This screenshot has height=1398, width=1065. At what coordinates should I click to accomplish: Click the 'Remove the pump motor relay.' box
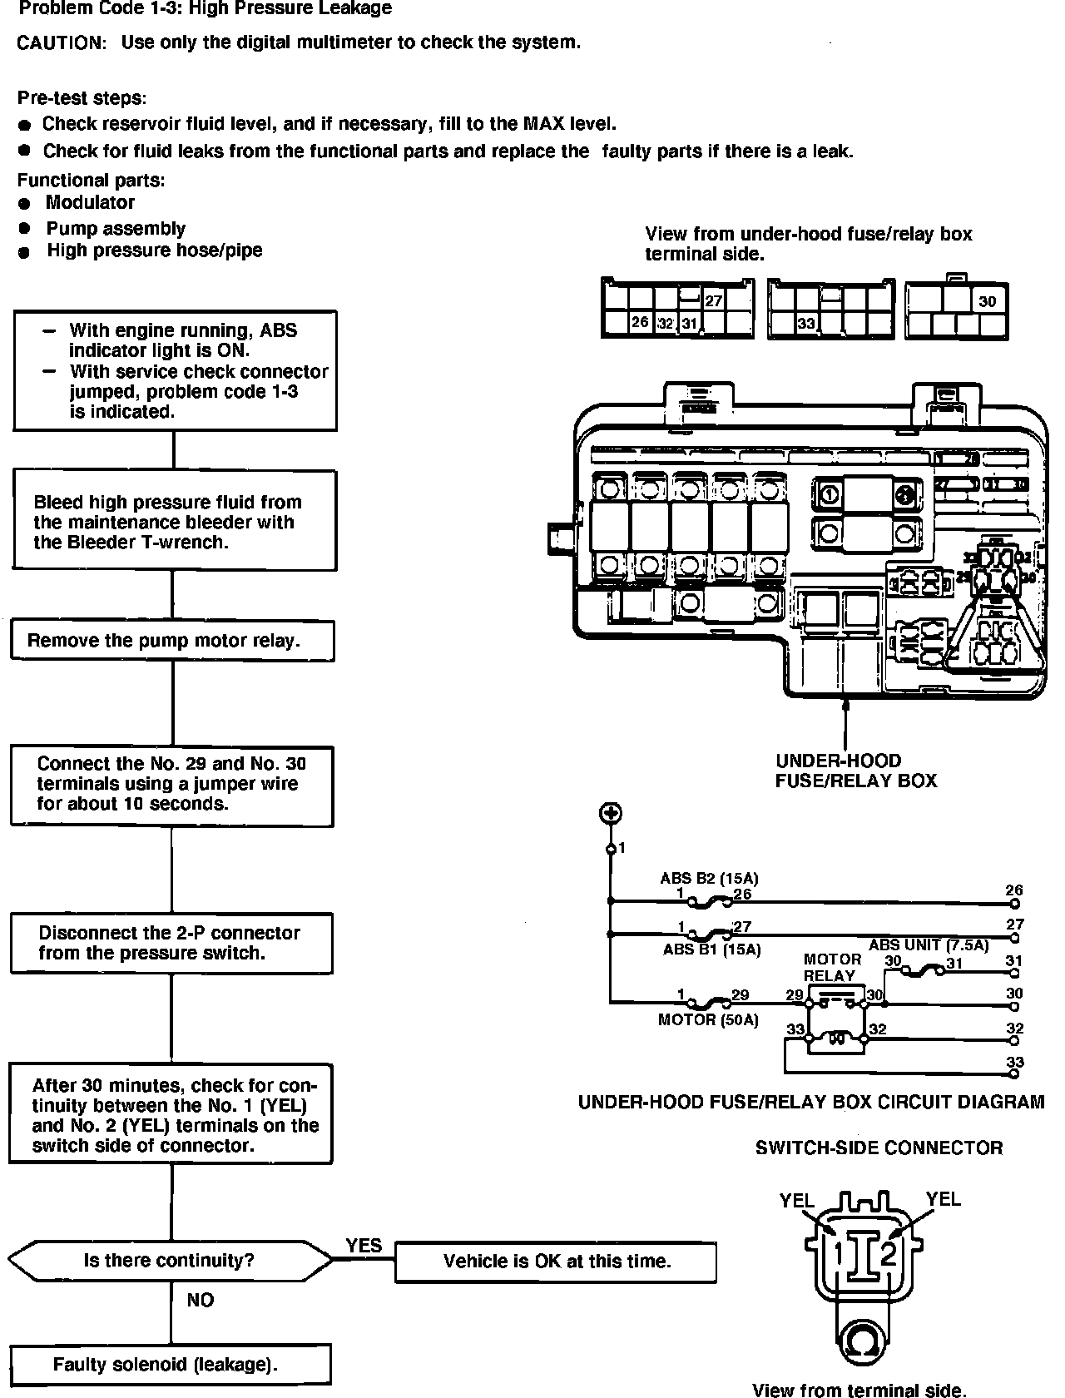pyautogui.click(x=172, y=641)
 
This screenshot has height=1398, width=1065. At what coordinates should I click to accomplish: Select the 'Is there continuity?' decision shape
pyautogui.click(x=169, y=1261)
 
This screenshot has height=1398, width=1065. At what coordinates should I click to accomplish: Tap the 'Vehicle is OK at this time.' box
pyautogui.click(x=556, y=1262)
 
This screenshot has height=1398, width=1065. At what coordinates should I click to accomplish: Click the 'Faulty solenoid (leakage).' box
pyautogui.click(x=171, y=1365)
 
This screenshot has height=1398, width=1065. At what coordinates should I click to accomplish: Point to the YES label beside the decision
pyautogui.click(x=364, y=1246)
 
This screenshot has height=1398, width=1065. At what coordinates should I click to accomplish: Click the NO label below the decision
pyautogui.click(x=200, y=1300)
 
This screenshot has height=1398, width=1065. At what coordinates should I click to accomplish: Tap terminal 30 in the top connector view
pyautogui.click(x=988, y=301)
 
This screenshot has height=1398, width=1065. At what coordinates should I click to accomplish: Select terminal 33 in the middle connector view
pyautogui.click(x=806, y=324)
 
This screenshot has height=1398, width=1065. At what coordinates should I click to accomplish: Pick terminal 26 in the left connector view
pyautogui.click(x=639, y=322)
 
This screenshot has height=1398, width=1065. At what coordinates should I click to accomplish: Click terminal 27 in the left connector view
pyautogui.click(x=713, y=300)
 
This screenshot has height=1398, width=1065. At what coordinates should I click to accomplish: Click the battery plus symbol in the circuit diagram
pyautogui.click(x=612, y=813)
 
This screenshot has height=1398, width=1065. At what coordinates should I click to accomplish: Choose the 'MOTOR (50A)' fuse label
pyautogui.click(x=708, y=1019)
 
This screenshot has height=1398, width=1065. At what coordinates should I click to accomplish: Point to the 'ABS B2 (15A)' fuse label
pyautogui.click(x=709, y=878)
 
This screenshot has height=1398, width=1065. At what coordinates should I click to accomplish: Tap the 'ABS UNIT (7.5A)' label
pyautogui.click(x=929, y=944)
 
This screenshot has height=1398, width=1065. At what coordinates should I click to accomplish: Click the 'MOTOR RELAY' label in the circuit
pyautogui.click(x=831, y=968)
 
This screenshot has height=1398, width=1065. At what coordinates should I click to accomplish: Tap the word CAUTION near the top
pyautogui.click(x=62, y=43)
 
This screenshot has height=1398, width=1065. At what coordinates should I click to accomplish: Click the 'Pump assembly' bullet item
pyautogui.click(x=115, y=228)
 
